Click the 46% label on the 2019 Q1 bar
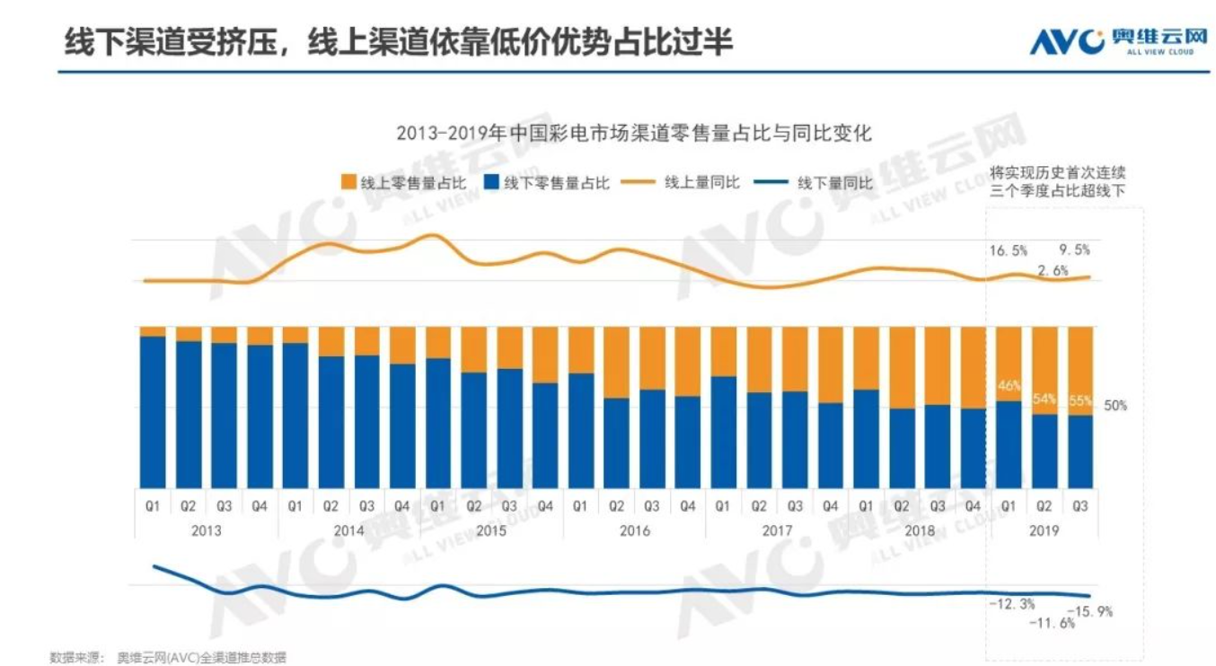click(x=1009, y=387)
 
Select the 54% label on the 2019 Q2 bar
click(x=1044, y=399)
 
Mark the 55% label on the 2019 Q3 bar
click(x=1080, y=399)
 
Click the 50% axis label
click(x=1115, y=406)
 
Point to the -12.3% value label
click(x=1012, y=604)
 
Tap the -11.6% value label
click(x=1053, y=623)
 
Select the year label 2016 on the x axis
click(x=634, y=530)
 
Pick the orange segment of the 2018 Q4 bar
click(x=973, y=367)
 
